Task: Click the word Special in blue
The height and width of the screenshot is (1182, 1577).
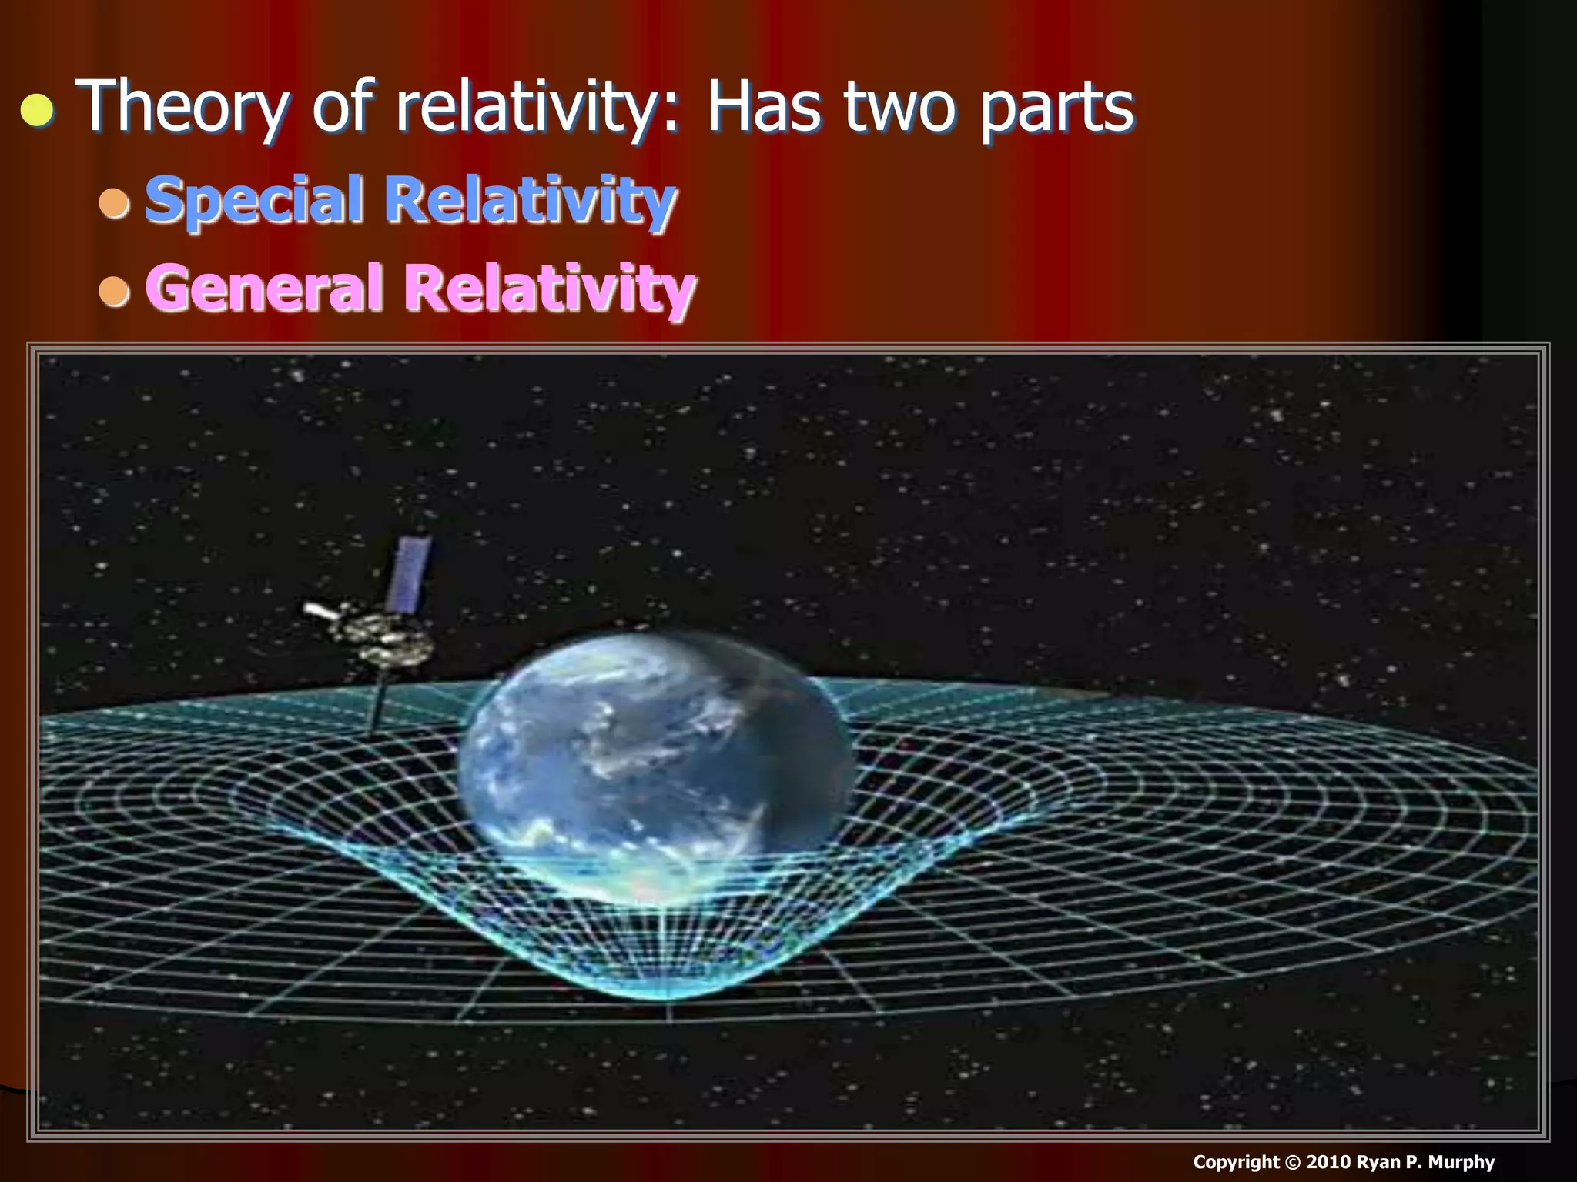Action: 255,200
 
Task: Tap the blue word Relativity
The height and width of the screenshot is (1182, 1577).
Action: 531,200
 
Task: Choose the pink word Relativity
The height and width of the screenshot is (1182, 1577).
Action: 550,288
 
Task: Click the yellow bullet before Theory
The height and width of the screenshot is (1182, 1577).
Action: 37,111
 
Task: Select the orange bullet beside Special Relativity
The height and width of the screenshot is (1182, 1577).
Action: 115,202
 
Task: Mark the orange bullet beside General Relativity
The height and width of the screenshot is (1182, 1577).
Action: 115,291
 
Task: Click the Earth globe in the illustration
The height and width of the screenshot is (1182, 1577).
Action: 655,770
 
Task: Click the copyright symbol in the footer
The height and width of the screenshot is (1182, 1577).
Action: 1293,1163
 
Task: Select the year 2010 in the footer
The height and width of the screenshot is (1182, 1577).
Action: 1328,1162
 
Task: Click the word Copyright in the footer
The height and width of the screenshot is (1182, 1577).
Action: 1236,1162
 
